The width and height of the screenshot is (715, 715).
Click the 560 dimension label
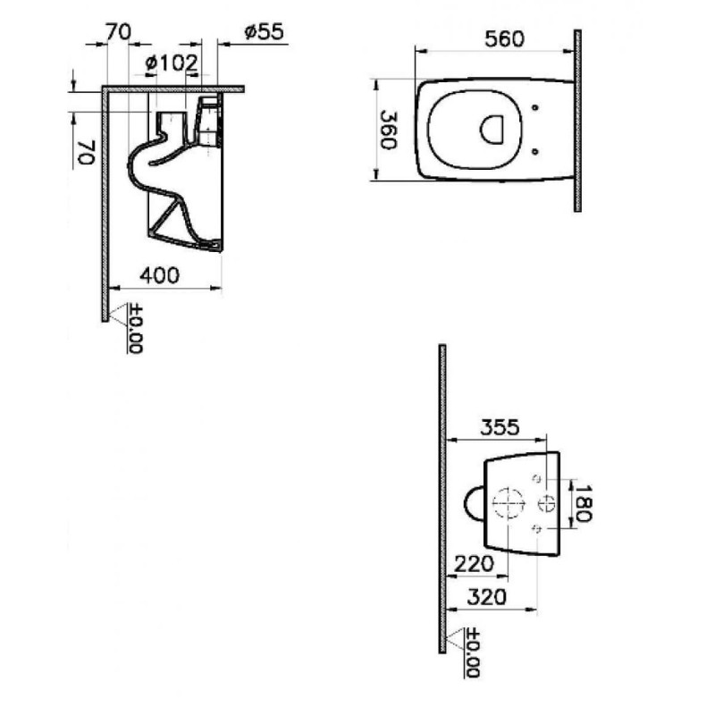pos(504,38)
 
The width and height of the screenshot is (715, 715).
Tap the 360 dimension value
pos(389,130)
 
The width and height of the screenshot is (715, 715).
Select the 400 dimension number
pos(160,275)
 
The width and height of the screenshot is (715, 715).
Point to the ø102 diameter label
pos(172,63)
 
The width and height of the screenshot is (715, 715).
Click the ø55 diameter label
pos(264,32)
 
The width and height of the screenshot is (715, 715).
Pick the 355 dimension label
pos(500,427)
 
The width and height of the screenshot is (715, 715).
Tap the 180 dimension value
pos(584,503)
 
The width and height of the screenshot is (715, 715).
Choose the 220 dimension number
pos(475,564)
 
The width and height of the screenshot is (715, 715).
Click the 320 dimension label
pos(487,597)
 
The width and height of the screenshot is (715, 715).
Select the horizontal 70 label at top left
pos(119,32)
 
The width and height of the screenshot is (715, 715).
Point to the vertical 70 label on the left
pos(87,152)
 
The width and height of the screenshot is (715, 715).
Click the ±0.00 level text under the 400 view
pos(136,328)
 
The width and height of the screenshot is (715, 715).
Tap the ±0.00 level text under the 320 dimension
pos(473,653)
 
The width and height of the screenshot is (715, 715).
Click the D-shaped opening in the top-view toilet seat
pos(491,130)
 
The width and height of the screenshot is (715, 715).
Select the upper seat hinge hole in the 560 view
pos(535,107)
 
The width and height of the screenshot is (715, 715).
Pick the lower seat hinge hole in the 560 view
pos(535,152)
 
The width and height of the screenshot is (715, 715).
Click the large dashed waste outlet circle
pos(509,503)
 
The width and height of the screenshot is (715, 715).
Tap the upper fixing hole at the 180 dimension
pos(537,479)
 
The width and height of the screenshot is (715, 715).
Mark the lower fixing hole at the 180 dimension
pos(537,528)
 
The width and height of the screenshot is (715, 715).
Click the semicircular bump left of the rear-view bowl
pos(465,504)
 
